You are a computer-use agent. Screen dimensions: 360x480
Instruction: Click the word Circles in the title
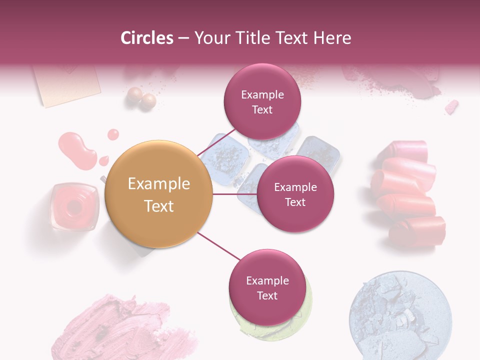click(146, 38)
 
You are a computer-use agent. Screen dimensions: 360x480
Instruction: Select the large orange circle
click(159, 194)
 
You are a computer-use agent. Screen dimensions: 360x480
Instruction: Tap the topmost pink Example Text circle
click(262, 101)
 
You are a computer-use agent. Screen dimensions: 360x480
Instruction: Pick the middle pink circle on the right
click(295, 194)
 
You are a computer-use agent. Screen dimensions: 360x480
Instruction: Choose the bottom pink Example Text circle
click(267, 287)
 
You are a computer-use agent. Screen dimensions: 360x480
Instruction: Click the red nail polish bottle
click(74, 206)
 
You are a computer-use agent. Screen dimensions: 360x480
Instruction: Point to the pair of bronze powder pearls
click(141, 98)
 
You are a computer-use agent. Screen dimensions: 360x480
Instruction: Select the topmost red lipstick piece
click(406, 150)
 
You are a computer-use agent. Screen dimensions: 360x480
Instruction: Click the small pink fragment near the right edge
click(451, 106)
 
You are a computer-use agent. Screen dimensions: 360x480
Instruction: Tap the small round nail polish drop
click(113, 134)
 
